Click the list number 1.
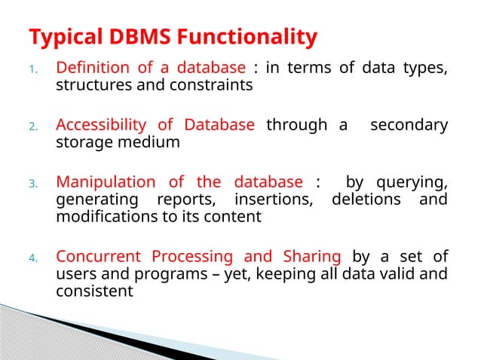click(32, 71)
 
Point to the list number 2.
click(32, 127)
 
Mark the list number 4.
click(32, 258)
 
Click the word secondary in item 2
click(409, 125)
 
